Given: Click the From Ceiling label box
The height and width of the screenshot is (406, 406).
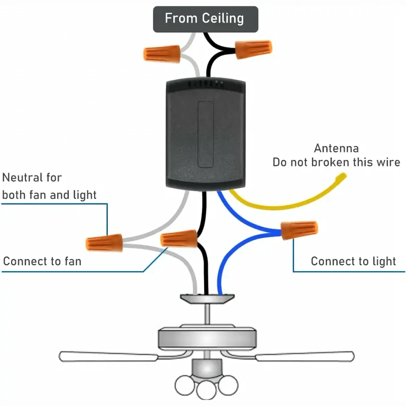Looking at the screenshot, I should (205, 19).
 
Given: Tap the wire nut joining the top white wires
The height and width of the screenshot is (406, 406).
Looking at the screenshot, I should (162, 53).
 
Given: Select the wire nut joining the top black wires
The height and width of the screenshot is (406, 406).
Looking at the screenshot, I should (253, 49).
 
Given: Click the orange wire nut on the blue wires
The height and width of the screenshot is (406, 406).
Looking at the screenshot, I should (299, 230).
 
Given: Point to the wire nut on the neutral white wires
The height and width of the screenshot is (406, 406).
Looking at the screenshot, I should (104, 243).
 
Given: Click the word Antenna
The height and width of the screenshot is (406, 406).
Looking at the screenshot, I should (336, 148).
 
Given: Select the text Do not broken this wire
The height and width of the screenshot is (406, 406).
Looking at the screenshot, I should (336, 162).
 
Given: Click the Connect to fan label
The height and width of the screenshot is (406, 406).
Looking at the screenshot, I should (42, 261).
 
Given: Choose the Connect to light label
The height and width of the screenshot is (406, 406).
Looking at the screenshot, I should (353, 261).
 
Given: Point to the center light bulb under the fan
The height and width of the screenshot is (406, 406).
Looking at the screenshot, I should (205, 390).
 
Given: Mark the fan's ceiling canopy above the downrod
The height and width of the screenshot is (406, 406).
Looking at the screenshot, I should (206, 299).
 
